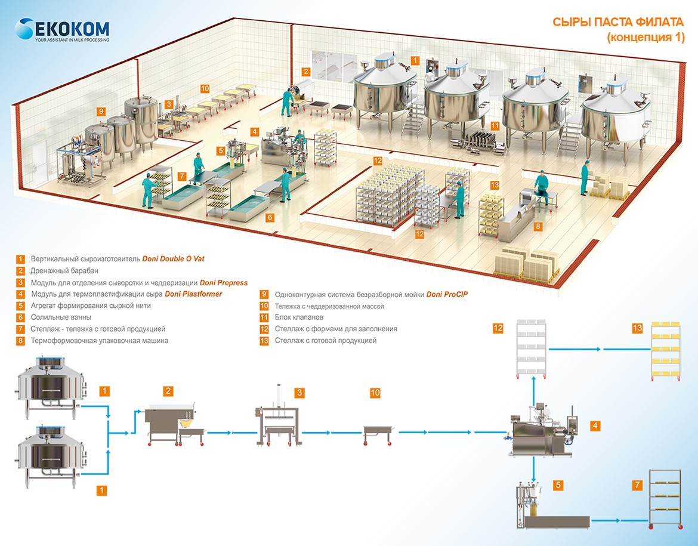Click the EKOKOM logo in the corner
63,30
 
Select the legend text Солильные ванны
62,317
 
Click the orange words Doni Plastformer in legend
193,294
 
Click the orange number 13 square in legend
264,341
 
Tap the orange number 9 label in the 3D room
101,111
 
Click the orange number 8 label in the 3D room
538,227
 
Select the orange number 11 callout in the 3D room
495,126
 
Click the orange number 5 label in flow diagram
557,485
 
